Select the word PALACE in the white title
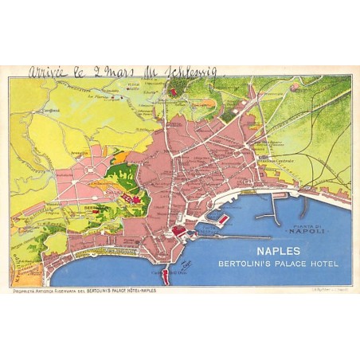[294, 264]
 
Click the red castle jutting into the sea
[166, 276]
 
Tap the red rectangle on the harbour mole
[222, 218]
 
